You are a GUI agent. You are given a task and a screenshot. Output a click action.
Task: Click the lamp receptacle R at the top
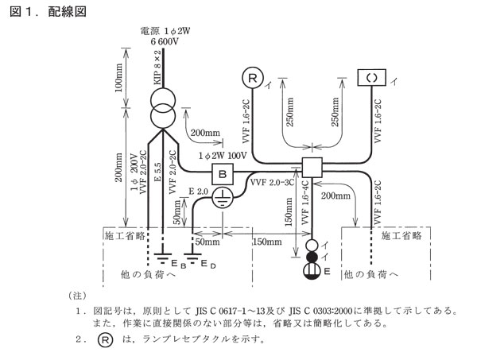coord(251,78)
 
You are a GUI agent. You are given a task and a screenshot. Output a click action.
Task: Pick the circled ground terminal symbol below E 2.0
coord(223,199)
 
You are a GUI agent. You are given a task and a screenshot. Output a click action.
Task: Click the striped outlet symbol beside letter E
coord(312,272)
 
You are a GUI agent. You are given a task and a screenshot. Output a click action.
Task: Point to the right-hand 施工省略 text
coord(401,236)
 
